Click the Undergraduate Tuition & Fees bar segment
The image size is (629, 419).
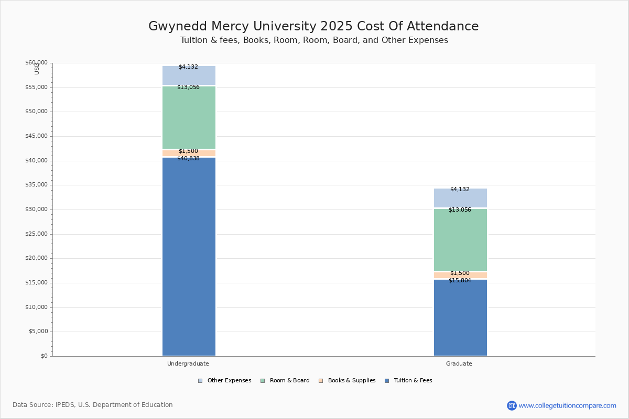point(189,257)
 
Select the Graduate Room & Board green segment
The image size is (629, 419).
point(461,240)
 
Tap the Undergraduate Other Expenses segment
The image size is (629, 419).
point(189,75)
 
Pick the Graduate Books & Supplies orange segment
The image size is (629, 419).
point(461,275)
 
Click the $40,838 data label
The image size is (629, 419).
point(188,159)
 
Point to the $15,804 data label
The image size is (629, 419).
point(460,281)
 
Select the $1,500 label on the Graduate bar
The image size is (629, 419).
point(460,273)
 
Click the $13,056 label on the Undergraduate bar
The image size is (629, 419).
point(188,87)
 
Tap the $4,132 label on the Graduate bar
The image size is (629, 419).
point(460,190)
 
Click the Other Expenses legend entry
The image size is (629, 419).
point(225,381)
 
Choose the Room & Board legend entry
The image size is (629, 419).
point(285,381)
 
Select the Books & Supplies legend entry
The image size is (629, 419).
point(347,381)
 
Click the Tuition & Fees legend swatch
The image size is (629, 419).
point(387,381)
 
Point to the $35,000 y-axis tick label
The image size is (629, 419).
point(37,185)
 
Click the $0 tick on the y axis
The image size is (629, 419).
point(45,356)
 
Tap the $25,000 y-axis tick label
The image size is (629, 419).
point(37,234)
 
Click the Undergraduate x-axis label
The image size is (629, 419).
point(188,363)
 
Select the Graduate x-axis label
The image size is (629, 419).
point(459,363)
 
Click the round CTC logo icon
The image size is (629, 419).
point(512,405)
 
